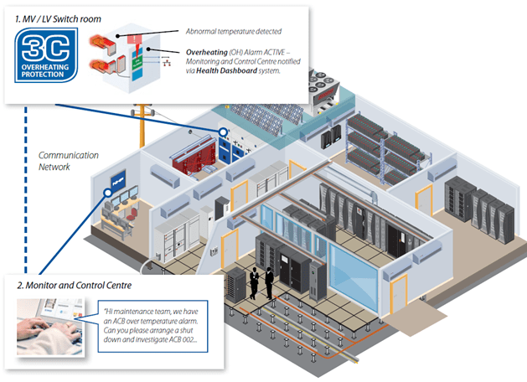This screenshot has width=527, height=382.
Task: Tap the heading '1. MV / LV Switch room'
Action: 56,16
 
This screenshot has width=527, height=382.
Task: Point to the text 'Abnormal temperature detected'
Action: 232,32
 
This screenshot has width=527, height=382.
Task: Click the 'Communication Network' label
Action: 69,161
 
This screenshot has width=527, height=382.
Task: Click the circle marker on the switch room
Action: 224,132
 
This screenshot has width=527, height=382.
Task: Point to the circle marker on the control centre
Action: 108,192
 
